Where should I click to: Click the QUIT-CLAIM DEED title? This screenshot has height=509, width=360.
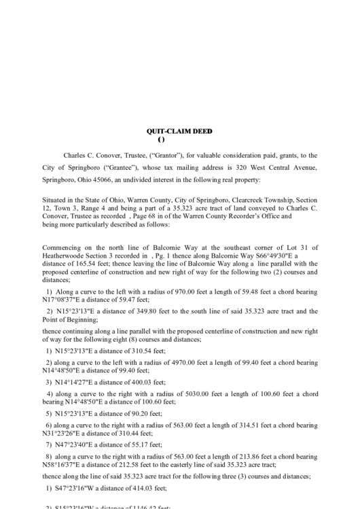179,130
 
